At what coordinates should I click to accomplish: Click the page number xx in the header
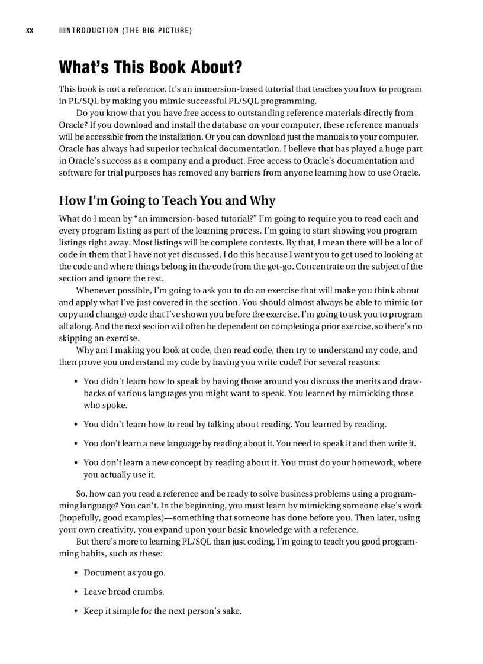pos(30,30)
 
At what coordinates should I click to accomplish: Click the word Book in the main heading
pos(167,67)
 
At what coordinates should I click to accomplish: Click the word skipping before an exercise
pos(75,338)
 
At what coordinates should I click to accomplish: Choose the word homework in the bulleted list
pos(372,462)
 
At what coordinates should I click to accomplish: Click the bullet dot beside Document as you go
pos(77,573)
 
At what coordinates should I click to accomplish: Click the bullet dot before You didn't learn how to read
pos(77,425)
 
